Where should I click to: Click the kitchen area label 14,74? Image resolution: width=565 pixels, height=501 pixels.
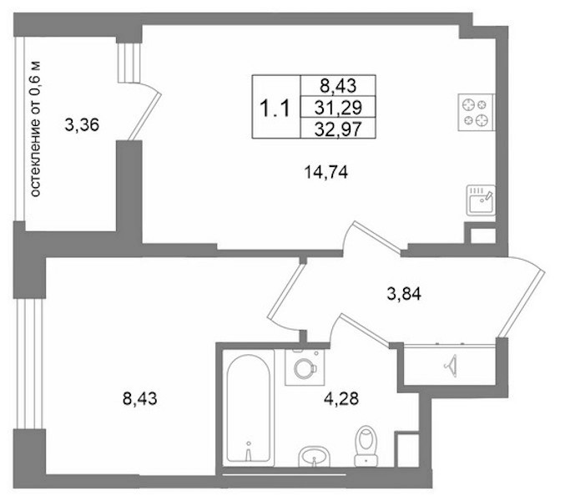[x=326, y=172]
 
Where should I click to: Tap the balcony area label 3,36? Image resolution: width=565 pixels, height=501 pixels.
[x=82, y=125]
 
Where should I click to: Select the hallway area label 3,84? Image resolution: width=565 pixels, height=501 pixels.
[x=404, y=294]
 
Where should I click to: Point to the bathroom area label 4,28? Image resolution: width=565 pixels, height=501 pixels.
[x=341, y=398]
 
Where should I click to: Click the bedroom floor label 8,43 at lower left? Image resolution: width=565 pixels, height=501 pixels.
[x=140, y=398]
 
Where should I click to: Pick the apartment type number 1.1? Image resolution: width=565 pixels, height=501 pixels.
[x=275, y=108]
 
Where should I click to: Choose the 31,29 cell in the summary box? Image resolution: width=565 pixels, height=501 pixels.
[x=338, y=108]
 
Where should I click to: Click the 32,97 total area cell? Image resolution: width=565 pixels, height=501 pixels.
[x=338, y=129]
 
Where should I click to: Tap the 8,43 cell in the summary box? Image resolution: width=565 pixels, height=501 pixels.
[x=338, y=86]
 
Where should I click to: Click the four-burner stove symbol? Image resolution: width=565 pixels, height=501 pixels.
[x=477, y=113]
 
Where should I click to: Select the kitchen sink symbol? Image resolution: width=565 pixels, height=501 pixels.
[x=481, y=200]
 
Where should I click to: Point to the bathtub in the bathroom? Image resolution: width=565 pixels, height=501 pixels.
[x=248, y=408]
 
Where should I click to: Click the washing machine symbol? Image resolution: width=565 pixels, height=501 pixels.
[x=305, y=367]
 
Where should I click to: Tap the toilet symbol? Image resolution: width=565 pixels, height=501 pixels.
[x=366, y=446]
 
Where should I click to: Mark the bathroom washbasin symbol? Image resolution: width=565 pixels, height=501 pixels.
[x=314, y=456]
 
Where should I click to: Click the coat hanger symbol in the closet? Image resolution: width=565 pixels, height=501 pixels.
[x=451, y=366]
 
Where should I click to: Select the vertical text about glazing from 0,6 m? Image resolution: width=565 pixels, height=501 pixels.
[x=35, y=129]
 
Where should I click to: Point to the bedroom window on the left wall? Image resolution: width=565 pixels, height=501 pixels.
[x=29, y=364]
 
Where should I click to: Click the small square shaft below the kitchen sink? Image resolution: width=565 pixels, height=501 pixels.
[x=482, y=236]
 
